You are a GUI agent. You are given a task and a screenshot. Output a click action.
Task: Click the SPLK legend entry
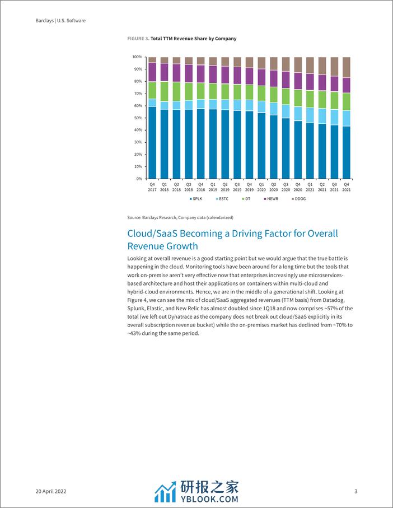tap(196, 199)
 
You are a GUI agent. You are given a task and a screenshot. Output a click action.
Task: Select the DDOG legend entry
tap(300, 199)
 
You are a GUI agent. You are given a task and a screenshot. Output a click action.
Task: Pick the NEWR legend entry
tap(273, 199)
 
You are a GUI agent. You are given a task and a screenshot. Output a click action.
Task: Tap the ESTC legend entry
tap(222, 199)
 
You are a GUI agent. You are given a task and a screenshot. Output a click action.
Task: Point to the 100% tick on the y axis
tap(137, 57)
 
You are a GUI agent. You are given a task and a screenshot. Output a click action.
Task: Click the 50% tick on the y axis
tap(138, 118)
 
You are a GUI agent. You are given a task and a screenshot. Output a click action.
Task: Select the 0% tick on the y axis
tap(139, 179)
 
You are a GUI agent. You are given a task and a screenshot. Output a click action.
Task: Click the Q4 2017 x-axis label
tap(152, 187)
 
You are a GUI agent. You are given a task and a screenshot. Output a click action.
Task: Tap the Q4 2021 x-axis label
tap(347, 187)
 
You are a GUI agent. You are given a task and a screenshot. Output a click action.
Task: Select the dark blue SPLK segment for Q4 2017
tap(152, 143)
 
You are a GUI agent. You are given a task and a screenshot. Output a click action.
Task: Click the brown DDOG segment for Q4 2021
tap(347, 67)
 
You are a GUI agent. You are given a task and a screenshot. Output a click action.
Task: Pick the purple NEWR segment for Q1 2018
tap(165, 72)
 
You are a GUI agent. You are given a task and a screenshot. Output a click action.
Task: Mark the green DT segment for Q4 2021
tap(347, 101)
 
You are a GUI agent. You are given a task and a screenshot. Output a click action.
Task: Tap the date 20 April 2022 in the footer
tap(52, 492)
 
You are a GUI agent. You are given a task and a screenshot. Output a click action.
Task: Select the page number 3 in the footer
tap(356, 492)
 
